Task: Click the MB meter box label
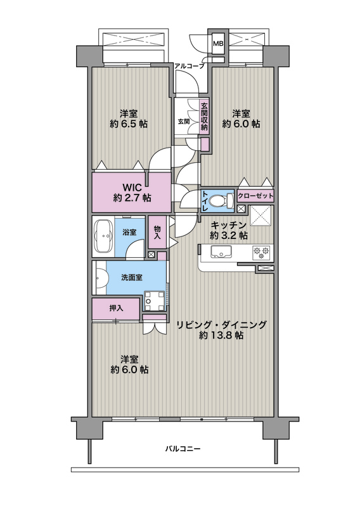pos(217,44)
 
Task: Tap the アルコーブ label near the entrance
pos(190,67)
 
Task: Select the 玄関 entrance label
pos(183,122)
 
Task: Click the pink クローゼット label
pos(255,196)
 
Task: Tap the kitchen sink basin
pos(221,251)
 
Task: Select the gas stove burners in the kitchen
pos(261,252)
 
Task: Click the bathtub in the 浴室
pos(103,236)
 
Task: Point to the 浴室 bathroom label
pos(129,232)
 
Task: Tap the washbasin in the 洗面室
pos(100,278)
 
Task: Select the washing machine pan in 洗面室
pos(154,300)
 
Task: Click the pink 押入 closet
pos(116,309)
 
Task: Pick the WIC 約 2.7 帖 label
pos(132,193)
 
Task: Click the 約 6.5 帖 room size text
pos(129,124)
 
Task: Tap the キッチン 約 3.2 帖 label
pos(229,230)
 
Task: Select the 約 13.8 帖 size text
pos(221,335)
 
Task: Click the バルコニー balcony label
pos(183,449)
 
